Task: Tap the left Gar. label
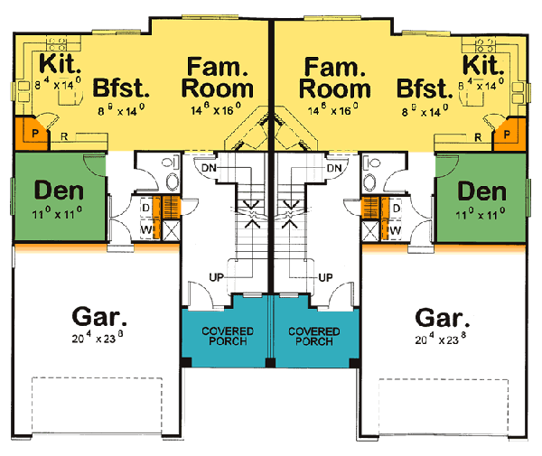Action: point(100,318)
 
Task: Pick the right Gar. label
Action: point(443,318)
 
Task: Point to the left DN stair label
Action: point(209,169)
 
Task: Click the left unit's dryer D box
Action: point(146,207)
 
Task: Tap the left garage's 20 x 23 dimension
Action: point(100,340)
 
